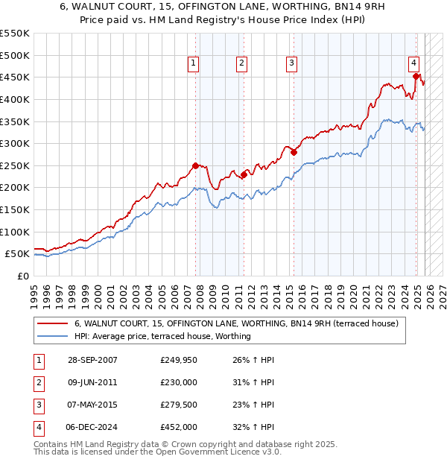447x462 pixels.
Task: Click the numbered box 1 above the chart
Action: tap(193, 64)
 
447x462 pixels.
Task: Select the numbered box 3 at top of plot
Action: tap(291, 64)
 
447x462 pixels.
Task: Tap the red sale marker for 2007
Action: tap(195, 165)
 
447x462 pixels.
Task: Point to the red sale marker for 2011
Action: tap(243, 174)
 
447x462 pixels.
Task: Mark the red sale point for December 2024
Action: tap(416, 76)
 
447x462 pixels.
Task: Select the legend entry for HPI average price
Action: tap(162, 336)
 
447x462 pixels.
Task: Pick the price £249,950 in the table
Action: tap(179, 360)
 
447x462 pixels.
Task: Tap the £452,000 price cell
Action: tap(179, 427)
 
